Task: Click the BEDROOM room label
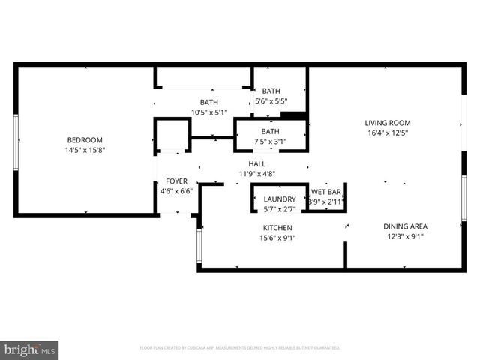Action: (x=85, y=140)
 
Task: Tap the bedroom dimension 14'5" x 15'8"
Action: (x=85, y=149)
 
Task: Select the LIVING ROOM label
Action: (x=388, y=123)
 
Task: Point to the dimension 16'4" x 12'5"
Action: (x=388, y=133)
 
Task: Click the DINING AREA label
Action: (x=405, y=226)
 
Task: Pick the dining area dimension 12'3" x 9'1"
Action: (x=405, y=236)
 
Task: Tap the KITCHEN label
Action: (x=277, y=228)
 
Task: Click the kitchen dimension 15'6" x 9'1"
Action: (x=277, y=238)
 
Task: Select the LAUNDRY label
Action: (x=279, y=199)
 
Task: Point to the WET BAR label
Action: (x=326, y=192)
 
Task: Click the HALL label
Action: (x=257, y=163)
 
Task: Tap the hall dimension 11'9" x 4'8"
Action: (x=257, y=173)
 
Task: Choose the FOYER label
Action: (x=176, y=181)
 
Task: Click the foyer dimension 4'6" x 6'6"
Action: (x=176, y=190)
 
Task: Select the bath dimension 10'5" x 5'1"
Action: (x=209, y=112)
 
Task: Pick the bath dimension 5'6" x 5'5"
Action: (x=271, y=100)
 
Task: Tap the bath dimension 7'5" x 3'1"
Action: (x=270, y=141)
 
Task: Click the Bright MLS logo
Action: (x=30, y=349)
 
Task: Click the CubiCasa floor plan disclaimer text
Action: (x=240, y=348)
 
